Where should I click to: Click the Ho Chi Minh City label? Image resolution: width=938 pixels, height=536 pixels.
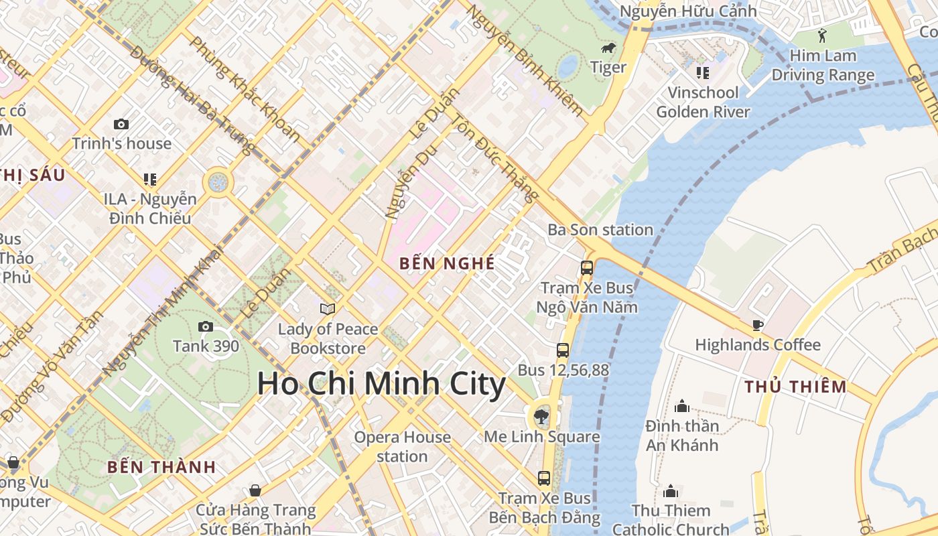(381, 384)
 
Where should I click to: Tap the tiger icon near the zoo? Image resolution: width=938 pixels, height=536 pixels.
(608, 48)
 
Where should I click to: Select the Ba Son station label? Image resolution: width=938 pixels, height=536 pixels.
(600, 230)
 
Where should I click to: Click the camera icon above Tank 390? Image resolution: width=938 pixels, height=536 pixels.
(206, 327)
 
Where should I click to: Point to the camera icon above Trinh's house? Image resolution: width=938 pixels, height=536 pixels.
(121, 124)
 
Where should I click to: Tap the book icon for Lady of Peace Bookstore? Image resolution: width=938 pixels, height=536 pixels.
(328, 309)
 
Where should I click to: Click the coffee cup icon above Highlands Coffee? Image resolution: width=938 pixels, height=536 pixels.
(758, 326)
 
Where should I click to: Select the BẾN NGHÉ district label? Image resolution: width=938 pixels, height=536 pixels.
(447, 264)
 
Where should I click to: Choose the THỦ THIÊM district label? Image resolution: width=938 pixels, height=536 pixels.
(795, 387)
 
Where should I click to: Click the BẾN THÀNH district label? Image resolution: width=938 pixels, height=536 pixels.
(161, 467)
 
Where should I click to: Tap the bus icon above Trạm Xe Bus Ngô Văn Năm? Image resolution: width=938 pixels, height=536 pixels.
(587, 268)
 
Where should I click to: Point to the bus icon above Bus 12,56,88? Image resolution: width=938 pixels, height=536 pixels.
(563, 350)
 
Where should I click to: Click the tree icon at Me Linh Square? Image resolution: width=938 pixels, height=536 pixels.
(541, 417)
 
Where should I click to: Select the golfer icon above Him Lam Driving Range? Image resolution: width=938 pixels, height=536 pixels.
(823, 36)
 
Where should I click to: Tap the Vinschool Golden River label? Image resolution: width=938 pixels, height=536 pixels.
(703, 102)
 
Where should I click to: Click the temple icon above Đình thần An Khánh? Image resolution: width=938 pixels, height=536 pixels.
(682, 406)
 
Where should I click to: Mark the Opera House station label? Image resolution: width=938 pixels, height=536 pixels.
(402, 447)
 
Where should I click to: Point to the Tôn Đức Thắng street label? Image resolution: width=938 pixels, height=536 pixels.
(495, 158)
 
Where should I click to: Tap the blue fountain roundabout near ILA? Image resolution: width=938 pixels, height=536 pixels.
(218, 182)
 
